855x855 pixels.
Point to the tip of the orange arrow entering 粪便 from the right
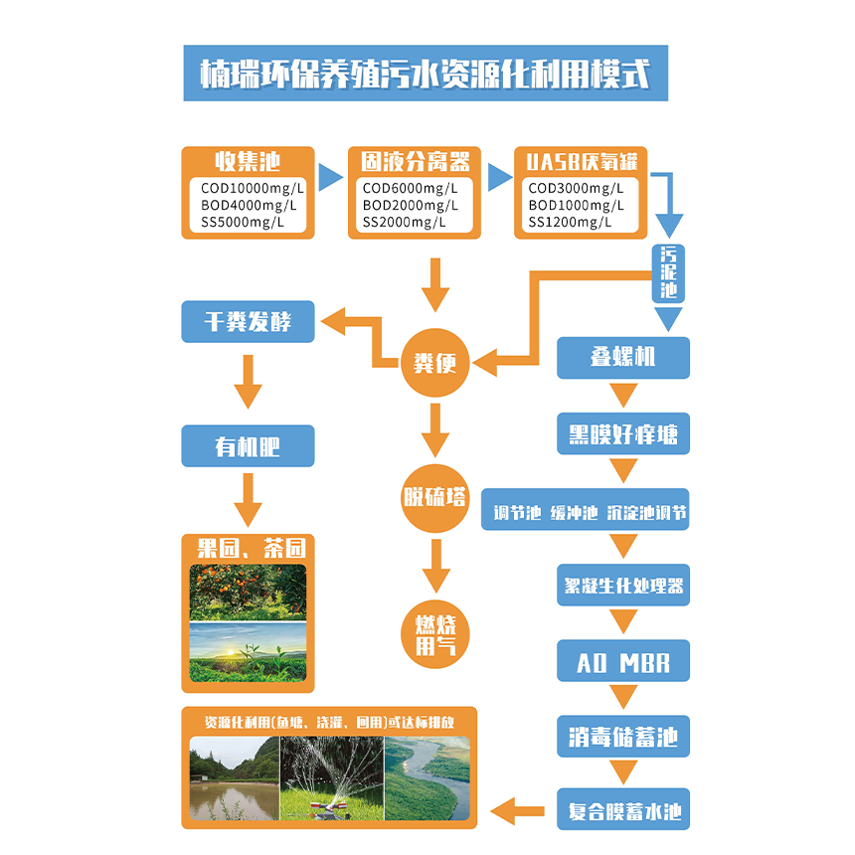(x=473, y=363)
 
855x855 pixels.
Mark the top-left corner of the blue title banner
(x=184, y=46)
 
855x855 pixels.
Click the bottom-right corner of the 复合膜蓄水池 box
(x=690, y=830)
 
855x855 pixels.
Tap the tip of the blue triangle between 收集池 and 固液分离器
(x=343, y=177)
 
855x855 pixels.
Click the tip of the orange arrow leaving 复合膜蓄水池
(x=491, y=811)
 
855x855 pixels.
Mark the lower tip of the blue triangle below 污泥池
(x=668, y=331)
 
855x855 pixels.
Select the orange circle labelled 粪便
(x=435, y=363)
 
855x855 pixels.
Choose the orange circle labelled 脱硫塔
(x=435, y=498)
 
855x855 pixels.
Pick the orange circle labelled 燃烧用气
(x=435, y=634)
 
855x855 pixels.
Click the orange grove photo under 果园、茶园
(x=249, y=593)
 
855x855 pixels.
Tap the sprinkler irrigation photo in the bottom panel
(x=332, y=778)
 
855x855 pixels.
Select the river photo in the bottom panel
(x=427, y=778)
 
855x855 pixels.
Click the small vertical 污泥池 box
(x=668, y=273)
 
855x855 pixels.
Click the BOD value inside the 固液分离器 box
(x=410, y=205)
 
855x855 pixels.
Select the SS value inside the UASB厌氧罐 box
(x=570, y=222)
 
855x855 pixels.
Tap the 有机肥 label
(x=249, y=446)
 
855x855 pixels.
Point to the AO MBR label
(x=623, y=661)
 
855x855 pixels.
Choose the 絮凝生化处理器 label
(x=623, y=586)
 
